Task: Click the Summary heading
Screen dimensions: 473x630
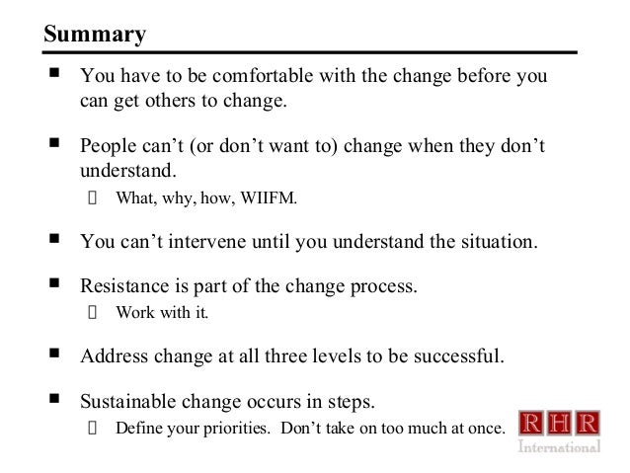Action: point(95,36)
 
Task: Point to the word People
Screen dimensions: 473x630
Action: point(109,147)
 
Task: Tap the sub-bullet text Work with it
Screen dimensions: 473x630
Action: point(162,313)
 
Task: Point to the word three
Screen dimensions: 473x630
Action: point(297,356)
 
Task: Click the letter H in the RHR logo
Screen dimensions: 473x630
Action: point(560,425)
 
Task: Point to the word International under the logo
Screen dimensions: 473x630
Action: point(560,446)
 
